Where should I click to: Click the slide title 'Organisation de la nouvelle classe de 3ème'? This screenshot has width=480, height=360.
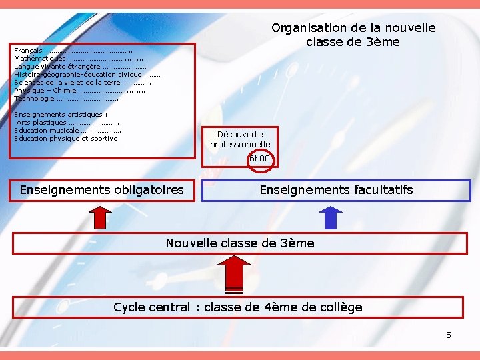353,35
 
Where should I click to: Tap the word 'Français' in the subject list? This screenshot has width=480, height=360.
28,51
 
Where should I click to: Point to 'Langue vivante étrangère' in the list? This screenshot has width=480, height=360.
57,67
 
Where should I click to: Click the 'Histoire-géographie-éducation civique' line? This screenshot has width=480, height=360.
77,75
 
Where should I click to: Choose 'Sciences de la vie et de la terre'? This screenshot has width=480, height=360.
67,83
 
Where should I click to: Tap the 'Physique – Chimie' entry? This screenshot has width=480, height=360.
45,91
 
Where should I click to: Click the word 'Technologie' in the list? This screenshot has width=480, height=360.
34,99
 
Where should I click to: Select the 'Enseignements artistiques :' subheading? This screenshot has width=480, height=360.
61,115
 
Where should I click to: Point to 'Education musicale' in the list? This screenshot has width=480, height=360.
46,131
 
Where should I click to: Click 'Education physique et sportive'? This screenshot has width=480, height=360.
65,139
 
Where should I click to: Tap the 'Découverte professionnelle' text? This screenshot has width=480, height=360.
240,139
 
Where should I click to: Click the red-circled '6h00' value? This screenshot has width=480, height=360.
259,159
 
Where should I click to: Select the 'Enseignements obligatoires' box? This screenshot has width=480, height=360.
101,190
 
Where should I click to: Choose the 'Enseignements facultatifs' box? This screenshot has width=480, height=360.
336,190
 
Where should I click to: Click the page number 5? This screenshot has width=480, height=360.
449,335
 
